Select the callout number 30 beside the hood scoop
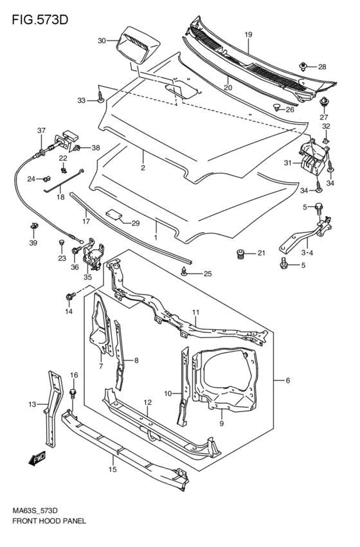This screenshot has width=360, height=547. (x=102, y=41)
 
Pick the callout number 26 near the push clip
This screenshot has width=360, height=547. (x=289, y=109)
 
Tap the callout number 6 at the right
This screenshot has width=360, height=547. (x=288, y=381)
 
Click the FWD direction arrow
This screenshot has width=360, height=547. (x=36, y=458)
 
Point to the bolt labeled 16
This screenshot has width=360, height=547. (x=73, y=393)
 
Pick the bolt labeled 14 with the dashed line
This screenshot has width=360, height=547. (x=69, y=297)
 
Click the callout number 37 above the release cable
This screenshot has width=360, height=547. (x=41, y=131)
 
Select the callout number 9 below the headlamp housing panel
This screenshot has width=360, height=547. (x=221, y=424)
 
